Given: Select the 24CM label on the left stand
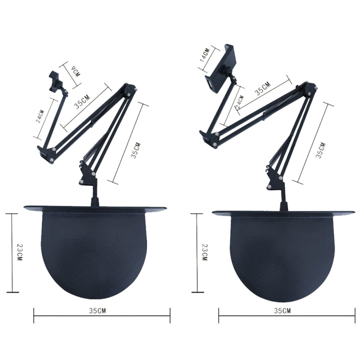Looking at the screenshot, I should point(41,117).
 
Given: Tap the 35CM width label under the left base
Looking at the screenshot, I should point(98,311).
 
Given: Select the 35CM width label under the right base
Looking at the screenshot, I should point(282,311).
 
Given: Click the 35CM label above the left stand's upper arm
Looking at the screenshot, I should point(82,103).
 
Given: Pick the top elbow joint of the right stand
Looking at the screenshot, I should point(310,88).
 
